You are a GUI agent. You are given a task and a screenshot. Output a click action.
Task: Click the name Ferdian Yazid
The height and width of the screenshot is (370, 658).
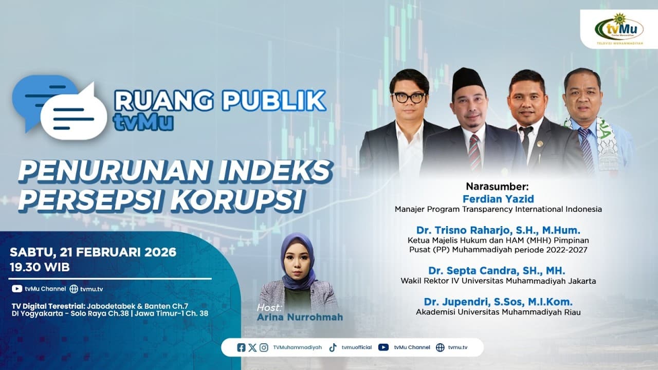(498, 199)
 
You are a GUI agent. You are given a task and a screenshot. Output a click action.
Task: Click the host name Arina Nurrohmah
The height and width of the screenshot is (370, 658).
(300, 317)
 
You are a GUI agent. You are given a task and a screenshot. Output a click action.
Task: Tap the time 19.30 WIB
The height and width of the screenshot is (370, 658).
(40, 267)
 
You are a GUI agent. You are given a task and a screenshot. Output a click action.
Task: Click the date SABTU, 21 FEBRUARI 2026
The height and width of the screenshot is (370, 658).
(93, 252)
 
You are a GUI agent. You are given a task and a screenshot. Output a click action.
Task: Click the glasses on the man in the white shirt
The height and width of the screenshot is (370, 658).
(409, 97)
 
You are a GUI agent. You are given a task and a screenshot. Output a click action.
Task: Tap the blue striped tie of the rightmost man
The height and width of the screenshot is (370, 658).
(586, 149)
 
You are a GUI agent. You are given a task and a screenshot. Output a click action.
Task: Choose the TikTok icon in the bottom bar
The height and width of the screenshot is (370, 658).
(333, 347)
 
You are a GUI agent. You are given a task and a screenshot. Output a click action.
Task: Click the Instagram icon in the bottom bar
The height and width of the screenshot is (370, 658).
(264, 347)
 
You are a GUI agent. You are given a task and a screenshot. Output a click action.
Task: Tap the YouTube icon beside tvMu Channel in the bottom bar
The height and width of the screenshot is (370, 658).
(383, 347)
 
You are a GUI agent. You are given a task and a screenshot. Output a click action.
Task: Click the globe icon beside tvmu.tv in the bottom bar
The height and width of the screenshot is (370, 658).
(440, 347)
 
